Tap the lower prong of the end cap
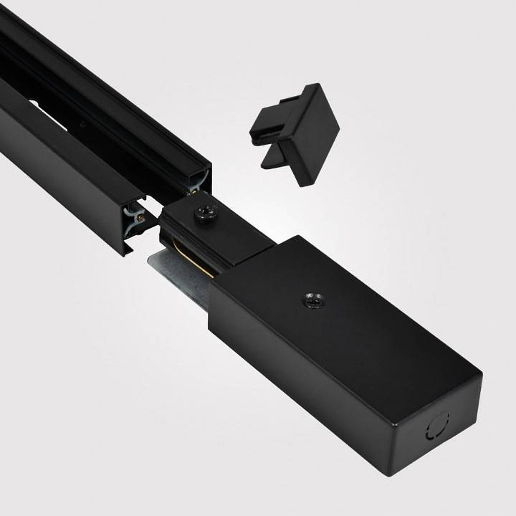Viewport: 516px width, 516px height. [x=277, y=158]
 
